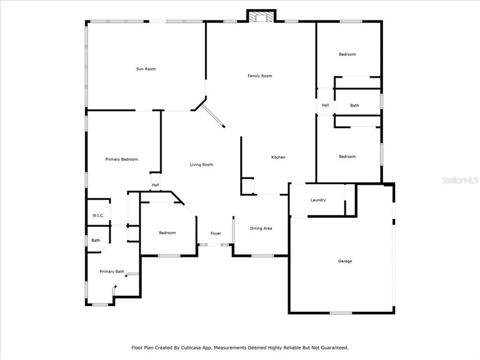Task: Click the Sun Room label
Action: (x=145, y=69)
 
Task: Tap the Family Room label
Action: (x=260, y=76)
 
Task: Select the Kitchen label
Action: (x=278, y=157)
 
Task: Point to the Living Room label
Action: (x=201, y=164)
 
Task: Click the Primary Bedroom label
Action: (x=121, y=159)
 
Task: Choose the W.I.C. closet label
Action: (x=98, y=215)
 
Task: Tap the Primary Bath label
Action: (x=112, y=271)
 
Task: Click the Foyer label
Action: (x=216, y=233)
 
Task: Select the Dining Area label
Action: (x=261, y=228)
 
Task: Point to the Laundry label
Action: (x=318, y=200)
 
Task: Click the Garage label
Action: (x=345, y=261)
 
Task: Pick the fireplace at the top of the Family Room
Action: (x=261, y=16)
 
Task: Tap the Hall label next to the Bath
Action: (x=325, y=105)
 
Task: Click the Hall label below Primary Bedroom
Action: (x=155, y=185)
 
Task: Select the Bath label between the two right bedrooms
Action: (x=354, y=105)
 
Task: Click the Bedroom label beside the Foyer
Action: (x=167, y=233)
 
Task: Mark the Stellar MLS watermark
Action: (x=460, y=180)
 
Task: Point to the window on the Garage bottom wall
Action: (x=340, y=313)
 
